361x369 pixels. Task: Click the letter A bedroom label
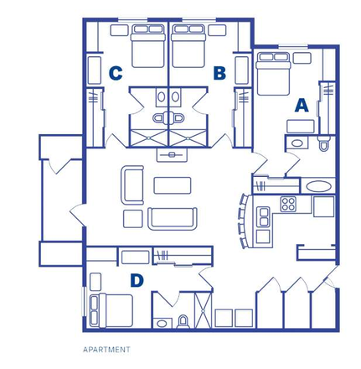click(301, 106)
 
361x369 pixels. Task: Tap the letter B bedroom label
click(220, 74)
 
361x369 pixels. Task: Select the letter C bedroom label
click(116, 74)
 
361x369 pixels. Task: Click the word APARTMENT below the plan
click(106, 348)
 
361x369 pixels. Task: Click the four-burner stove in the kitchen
click(289, 203)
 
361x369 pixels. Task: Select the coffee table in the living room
click(173, 183)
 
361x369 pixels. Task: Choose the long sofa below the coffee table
click(173, 218)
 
